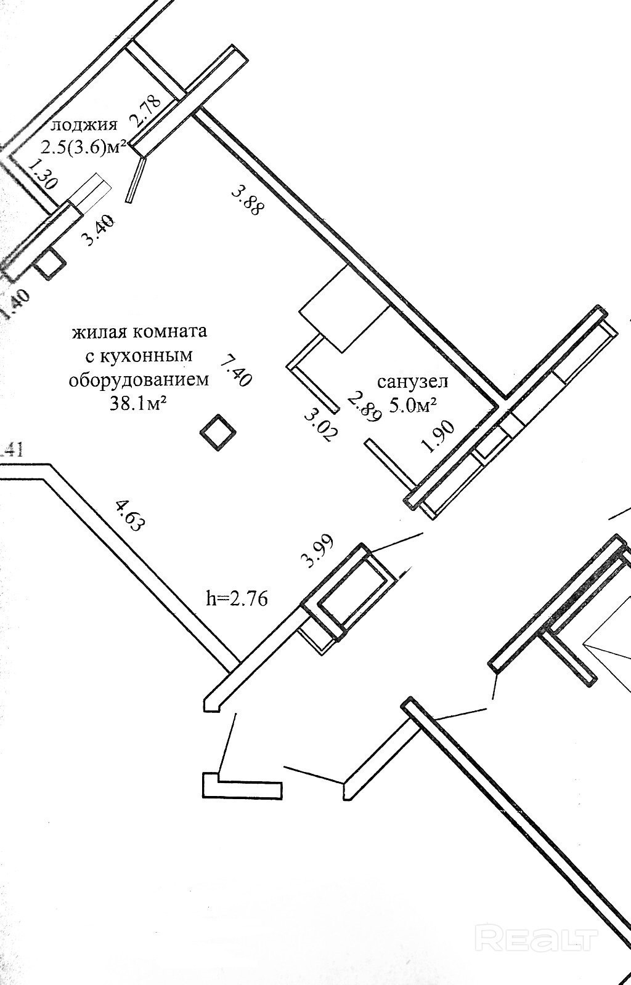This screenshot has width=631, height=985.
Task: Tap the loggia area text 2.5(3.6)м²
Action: pos(84,148)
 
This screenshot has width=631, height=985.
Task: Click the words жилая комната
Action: pos(139,332)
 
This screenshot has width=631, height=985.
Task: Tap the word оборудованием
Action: pos(139,379)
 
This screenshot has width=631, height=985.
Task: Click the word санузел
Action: pos(412,382)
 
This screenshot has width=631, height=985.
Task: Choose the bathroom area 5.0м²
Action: pos(413,404)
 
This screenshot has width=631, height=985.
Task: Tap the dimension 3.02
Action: pos(321,424)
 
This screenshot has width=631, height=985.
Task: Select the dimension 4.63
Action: pos(129,515)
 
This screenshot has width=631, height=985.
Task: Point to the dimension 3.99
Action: pos(317,550)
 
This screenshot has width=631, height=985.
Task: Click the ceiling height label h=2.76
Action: pos(237,598)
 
